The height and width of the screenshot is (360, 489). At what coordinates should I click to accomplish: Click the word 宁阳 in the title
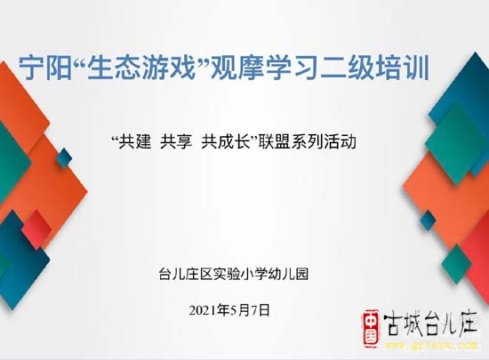45,68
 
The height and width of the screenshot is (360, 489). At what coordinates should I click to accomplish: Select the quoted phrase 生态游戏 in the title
141,68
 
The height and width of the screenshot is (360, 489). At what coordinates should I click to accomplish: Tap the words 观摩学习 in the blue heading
264,68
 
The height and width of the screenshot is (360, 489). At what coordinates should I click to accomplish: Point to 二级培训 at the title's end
374,68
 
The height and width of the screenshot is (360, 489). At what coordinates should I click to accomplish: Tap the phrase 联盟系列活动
307,142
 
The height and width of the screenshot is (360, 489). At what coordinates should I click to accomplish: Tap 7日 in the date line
261,310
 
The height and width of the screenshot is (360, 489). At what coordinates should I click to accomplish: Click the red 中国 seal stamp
371,328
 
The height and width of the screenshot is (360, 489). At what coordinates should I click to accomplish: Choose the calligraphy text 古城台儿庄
430,324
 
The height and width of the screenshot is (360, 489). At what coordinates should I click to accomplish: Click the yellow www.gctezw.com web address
431,346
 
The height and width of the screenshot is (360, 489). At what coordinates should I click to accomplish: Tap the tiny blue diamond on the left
65,158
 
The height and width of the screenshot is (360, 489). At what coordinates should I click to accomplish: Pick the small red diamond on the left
36,229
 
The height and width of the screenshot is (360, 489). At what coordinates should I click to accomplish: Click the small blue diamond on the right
428,220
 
